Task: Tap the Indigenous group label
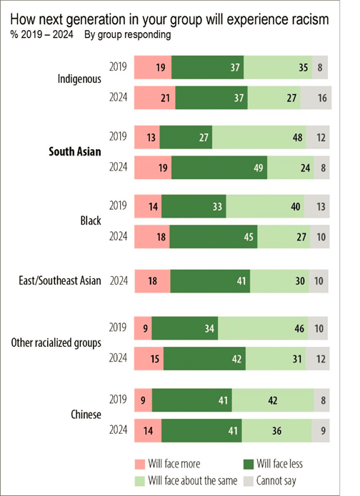(x=79, y=78)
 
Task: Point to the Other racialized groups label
(x=56, y=342)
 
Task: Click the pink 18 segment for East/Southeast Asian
(x=152, y=281)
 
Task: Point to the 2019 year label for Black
(x=119, y=206)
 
